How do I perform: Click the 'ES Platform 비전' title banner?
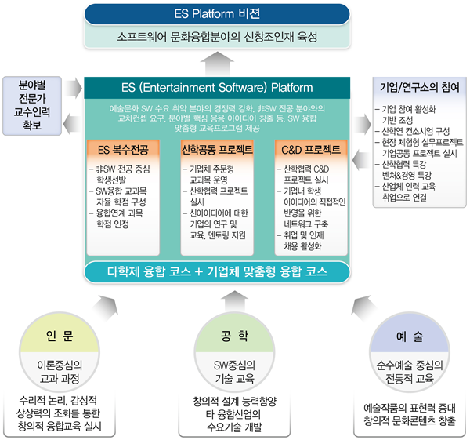[217, 14]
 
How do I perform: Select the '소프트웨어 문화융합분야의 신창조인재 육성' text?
[217, 37]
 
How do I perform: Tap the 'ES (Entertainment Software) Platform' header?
[217, 88]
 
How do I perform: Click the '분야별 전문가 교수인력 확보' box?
[32, 106]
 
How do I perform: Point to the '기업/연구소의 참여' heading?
[420, 87]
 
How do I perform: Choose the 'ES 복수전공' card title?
[123, 150]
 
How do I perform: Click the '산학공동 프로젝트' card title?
[217, 149]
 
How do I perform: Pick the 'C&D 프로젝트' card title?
[311, 150]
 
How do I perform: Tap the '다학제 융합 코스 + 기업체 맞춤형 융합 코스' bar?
[217, 271]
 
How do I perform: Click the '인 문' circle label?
[60, 336]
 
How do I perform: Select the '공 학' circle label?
[234, 336]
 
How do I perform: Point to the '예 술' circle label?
[410, 336]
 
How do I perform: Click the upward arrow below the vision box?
[217, 64]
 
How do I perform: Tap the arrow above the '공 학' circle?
[234, 302]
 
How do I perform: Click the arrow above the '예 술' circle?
[363, 308]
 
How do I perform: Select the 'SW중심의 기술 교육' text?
[234, 372]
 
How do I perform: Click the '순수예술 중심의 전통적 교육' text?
[410, 372]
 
